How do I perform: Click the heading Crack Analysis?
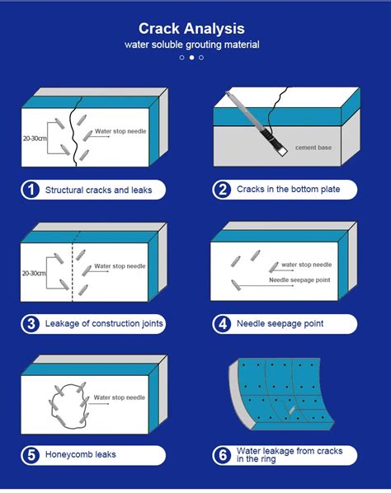click(x=191, y=28)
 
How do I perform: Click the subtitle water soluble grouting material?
click(x=191, y=45)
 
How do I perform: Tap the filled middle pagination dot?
click(x=191, y=58)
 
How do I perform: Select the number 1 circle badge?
click(x=31, y=190)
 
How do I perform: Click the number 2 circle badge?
click(x=222, y=190)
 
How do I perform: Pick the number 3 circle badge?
click(x=31, y=324)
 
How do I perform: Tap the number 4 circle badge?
click(x=222, y=324)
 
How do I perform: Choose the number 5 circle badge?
click(x=31, y=454)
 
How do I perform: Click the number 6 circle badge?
click(x=222, y=455)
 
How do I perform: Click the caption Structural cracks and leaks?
click(x=98, y=190)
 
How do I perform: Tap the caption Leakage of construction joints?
click(x=103, y=324)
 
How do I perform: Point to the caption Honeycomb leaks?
click(x=82, y=454)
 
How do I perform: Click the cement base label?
click(x=313, y=148)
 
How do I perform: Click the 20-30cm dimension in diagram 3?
click(x=34, y=272)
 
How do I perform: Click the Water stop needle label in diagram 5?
click(x=120, y=397)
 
